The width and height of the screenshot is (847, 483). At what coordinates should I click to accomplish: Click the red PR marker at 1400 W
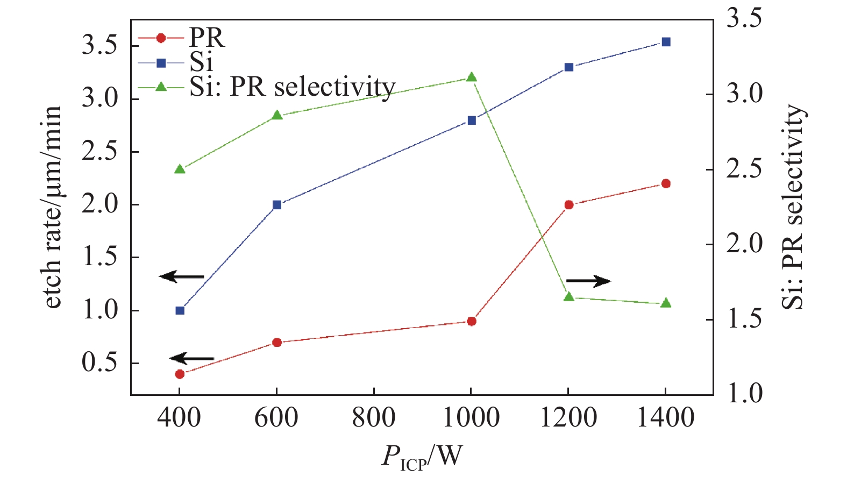666,183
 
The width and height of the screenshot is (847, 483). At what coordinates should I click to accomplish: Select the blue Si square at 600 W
277,204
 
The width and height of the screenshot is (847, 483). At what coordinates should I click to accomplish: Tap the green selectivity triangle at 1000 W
471,77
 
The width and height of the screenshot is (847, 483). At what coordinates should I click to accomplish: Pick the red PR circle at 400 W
180,374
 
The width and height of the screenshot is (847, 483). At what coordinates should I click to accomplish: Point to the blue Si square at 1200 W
568,67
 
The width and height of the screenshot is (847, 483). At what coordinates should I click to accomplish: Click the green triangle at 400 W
180,169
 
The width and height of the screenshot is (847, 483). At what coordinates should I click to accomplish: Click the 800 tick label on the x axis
374,418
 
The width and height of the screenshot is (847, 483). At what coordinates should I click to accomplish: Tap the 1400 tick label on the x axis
666,418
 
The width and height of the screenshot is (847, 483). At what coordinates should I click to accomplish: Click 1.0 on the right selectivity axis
745,394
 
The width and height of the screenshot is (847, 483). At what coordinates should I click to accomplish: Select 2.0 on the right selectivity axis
745,244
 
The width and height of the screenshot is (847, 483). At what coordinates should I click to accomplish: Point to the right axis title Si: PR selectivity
793,207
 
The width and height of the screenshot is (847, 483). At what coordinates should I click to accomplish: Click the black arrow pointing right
588,281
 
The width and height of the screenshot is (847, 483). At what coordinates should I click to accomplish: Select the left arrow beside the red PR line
192,358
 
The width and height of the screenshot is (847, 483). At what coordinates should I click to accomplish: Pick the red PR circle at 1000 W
471,321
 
